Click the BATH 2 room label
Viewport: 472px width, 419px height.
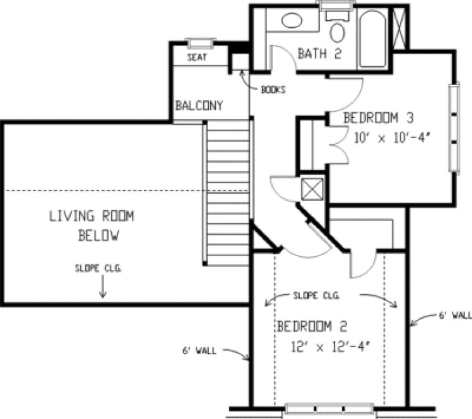[x=320, y=54]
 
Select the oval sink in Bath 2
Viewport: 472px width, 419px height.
[x=292, y=20]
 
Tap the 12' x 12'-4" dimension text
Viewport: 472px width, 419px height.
[x=329, y=345]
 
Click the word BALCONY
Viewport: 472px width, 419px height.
[x=199, y=105]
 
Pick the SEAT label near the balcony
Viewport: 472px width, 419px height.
[x=198, y=57]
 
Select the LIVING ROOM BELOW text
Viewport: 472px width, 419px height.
[x=92, y=226]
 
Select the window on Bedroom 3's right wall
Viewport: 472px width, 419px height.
[x=452, y=127]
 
